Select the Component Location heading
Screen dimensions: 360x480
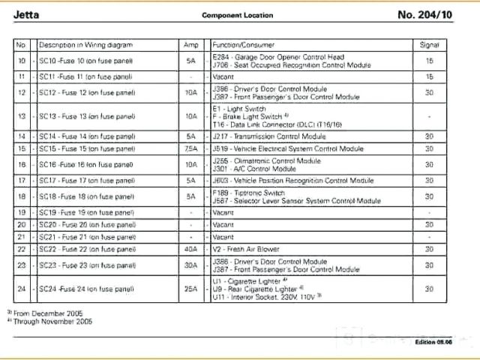tap(238, 15)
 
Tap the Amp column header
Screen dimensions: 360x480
tap(190, 45)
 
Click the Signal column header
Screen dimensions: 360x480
tap(429, 45)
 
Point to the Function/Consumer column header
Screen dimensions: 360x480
tap(243, 45)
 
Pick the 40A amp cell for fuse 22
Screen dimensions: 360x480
tap(190, 248)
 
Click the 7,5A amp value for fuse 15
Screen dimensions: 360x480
tap(190, 148)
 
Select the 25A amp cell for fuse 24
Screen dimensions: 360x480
tap(190, 289)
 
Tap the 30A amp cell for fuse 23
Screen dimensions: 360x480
tap(190, 265)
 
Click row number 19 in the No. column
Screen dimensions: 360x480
tap(21, 212)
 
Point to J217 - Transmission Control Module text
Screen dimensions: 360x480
tap(268, 136)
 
